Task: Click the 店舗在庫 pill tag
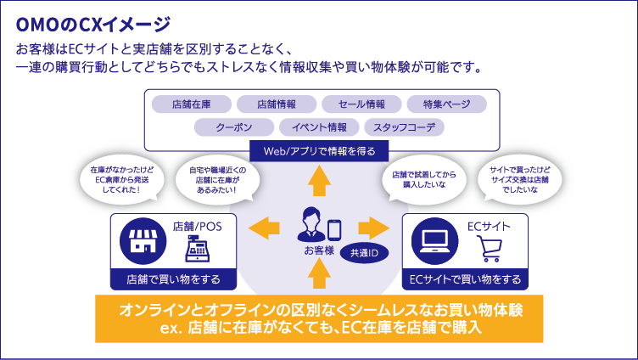click(191, 104)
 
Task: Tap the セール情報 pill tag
click(361, 104)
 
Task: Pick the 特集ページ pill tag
click(445, 104)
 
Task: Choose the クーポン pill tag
click(233, 127)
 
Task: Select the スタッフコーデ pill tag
click(404, 127)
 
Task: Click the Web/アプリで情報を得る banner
click(319, 151)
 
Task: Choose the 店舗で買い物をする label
click(173, 278)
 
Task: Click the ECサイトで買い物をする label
click(465, 278)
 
